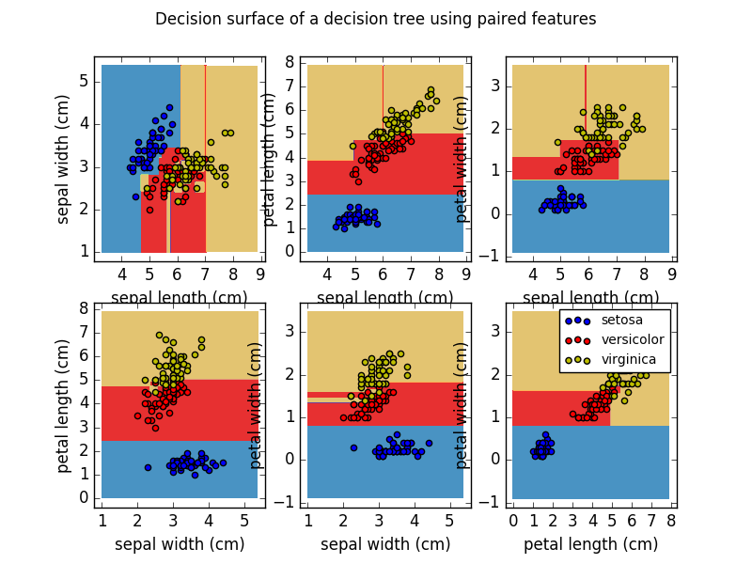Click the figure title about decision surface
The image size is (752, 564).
point(375,19)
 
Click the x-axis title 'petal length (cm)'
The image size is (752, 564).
point(590,544)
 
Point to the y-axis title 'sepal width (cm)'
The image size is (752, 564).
point(64,159)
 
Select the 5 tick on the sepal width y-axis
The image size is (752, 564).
point(85,81)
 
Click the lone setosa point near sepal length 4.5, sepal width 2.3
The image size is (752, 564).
point(135,196)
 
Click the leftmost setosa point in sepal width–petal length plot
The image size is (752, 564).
point(148,467)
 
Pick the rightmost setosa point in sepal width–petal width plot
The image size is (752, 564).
point(429,443)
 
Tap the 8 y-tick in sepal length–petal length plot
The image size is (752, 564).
point(291,63)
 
